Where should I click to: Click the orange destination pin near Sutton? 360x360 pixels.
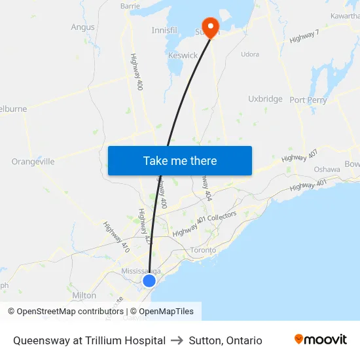point(211,26)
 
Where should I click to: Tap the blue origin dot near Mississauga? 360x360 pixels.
point(149,281)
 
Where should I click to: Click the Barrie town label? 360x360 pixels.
point(130,6)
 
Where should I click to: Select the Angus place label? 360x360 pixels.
point(82,27)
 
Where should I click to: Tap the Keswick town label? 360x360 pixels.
point(183,56)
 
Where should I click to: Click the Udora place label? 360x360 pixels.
point(250,54)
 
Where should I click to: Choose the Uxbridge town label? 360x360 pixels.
point(265,99)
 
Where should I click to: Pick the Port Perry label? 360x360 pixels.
point(308,100)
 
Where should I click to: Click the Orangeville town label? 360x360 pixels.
point(33,162)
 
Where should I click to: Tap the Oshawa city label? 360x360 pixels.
point(327,169)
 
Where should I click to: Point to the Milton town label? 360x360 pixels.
point(84,295)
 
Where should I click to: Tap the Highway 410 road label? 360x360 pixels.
point(116,237)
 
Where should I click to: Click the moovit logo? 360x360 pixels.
point(320,340)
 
